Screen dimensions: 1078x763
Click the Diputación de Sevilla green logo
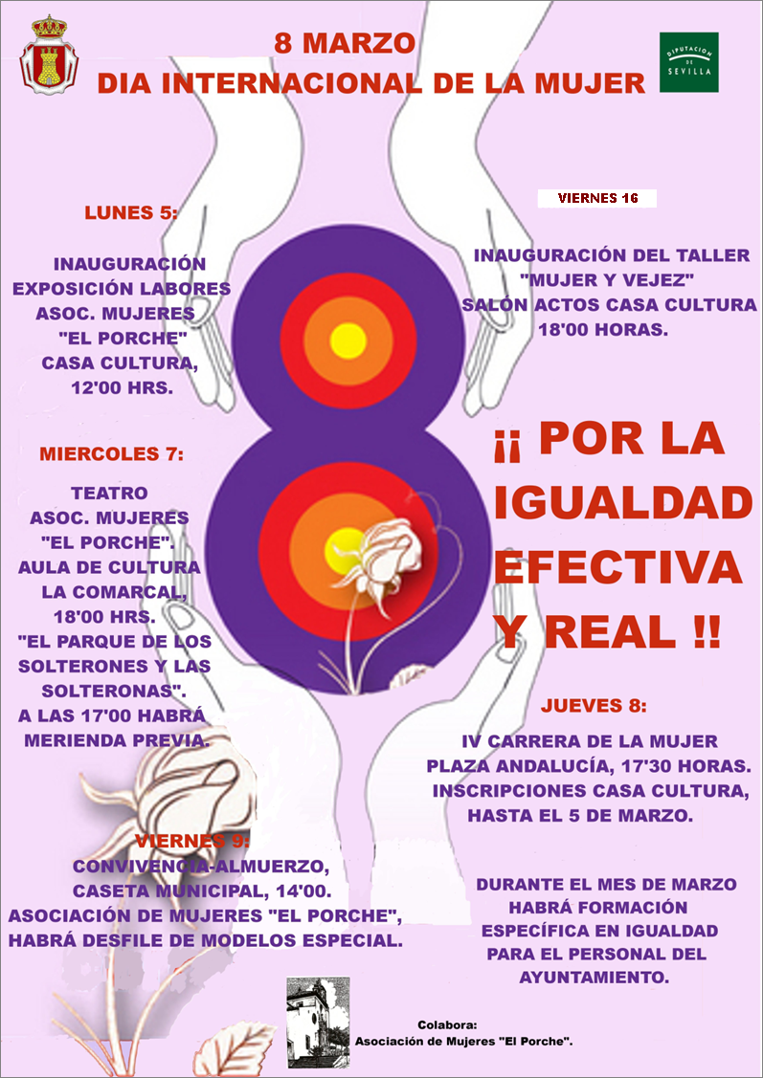tap(689, 62)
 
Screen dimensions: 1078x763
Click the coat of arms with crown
tap(44, 55)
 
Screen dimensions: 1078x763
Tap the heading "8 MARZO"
tap(345, 43)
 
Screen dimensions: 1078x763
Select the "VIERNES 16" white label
tap(596, 199)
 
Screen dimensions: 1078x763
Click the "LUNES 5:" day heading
tap(131, 213)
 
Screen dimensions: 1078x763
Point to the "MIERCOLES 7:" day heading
tap(110, 453)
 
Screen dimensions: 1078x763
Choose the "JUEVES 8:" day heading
tap(594, 707)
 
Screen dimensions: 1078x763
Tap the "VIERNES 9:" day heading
tap(191, 842)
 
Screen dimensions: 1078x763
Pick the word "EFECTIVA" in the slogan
tap(618, 568)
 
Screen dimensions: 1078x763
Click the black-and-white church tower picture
tap(318, 1022)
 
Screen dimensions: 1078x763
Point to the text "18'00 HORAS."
tap(609, 330)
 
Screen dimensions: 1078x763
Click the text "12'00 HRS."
tap(122, 388)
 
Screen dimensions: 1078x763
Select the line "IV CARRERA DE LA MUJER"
tap(590, 741)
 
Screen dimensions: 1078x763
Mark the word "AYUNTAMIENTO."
tap(593, 978)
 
